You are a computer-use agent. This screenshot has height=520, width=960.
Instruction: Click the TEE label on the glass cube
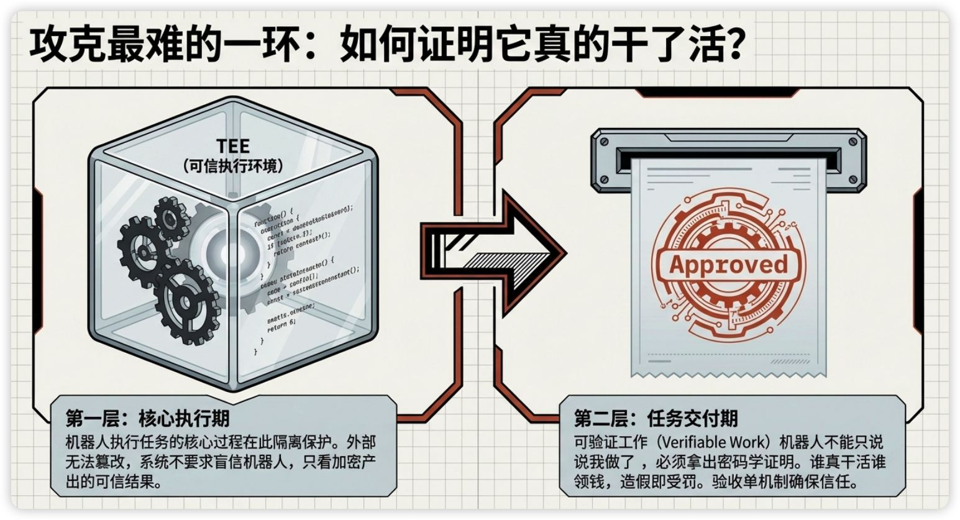pos(233,146)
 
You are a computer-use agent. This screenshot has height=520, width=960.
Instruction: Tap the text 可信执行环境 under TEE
pos(233,166)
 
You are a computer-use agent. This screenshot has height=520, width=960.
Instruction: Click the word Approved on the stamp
pos(728,265)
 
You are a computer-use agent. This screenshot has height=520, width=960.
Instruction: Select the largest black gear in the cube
pos(181,303)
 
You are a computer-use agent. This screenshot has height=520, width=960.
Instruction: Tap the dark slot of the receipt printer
pos(728,151)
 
